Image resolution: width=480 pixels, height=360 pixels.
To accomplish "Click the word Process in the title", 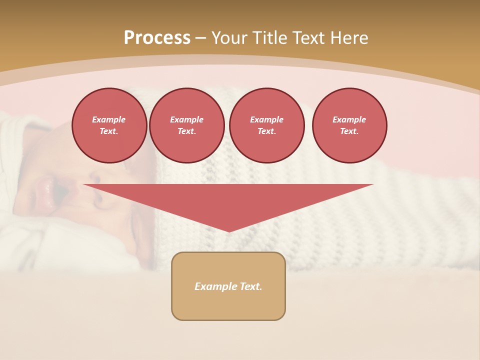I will (x=157, y=38).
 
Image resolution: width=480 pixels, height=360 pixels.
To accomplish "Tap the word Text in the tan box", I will (x=251, y=286).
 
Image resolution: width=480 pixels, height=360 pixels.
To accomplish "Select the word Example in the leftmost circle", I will (x=109, y=119).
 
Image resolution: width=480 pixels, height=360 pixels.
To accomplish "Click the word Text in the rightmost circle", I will (x=349, y=131).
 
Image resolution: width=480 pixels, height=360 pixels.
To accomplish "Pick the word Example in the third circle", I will (x=267, y=119).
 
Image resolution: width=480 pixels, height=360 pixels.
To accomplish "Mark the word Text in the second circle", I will (x=186, y=131).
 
